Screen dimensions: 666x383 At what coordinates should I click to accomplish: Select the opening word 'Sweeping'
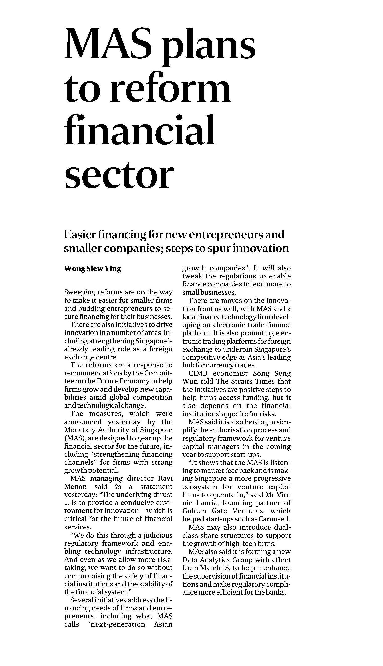point(80,292)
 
